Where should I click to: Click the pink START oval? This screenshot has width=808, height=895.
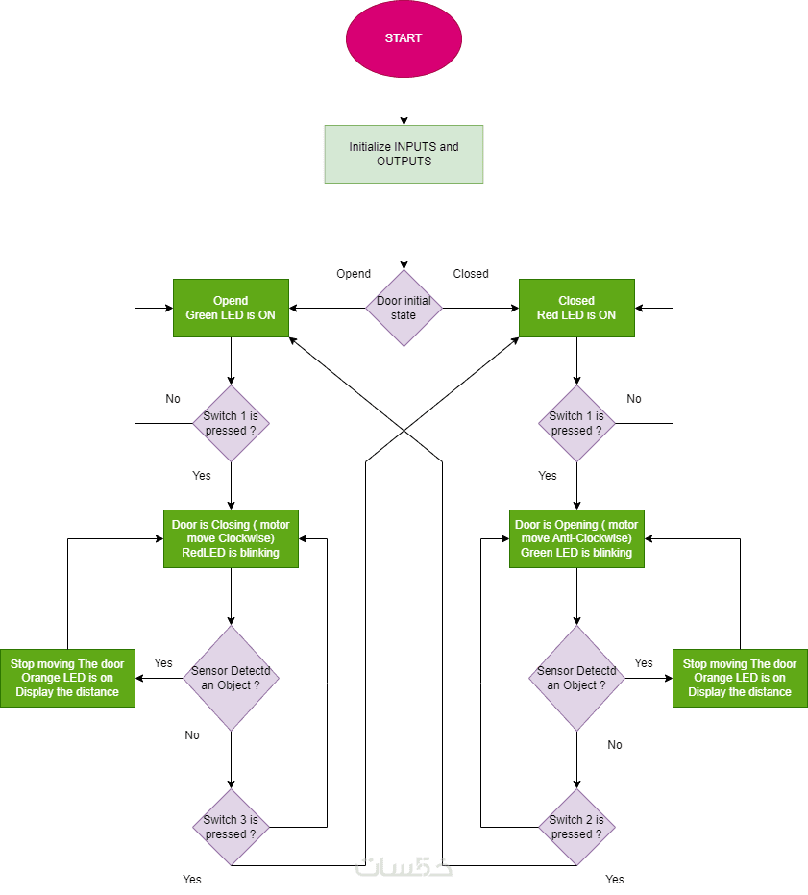click(x=404, y=38)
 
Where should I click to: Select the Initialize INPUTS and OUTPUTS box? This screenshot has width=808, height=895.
click(x=404, y=154)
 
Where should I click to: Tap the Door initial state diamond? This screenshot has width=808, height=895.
click(x=404, y=308)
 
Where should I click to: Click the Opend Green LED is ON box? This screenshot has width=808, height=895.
click(x=231, y=308)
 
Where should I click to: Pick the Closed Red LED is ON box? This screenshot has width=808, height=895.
click(x=576, y=308)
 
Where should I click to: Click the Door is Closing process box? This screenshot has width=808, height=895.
click(x=231, y=538)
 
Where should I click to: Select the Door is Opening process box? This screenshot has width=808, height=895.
click(x=576, y=538)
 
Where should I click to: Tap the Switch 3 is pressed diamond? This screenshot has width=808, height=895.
click(x=231, y=827)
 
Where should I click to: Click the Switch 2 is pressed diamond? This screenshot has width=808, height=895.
click(x=576, y=827)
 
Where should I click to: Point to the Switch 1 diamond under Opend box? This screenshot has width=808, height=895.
click(x=231, y=423)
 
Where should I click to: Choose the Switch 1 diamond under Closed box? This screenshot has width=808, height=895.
click(x=576, y=423)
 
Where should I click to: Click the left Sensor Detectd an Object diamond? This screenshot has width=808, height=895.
click(x=231, y=678)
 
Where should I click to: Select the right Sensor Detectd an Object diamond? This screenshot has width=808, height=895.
click(x=576, y=678)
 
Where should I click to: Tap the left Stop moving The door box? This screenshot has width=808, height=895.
click(x=67, y=678)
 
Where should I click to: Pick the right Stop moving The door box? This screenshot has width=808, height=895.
click(x=740, y=678)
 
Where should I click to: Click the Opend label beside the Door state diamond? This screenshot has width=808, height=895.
click(x=354, y=274)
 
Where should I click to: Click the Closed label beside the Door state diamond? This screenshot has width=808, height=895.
click(x=471, y=274)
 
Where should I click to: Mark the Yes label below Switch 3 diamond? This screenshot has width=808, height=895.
click(x=192, y=879)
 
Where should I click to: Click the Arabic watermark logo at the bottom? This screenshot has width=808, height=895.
click(x=404, y=866)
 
